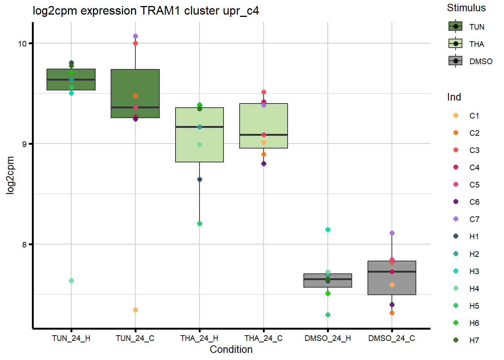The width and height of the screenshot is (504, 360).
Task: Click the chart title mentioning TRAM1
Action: point(145,11)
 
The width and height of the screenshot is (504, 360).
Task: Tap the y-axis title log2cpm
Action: point(10,175)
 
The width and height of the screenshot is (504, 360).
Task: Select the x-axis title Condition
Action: point(231,349)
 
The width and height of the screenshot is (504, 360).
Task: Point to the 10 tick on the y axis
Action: point(22,43)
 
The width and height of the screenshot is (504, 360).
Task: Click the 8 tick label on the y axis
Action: point(24,244)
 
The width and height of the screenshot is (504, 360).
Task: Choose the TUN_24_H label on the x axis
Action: point(71,338)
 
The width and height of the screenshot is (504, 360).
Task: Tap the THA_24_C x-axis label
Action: point(264,338)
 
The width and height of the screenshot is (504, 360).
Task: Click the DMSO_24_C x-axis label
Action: point(391,338)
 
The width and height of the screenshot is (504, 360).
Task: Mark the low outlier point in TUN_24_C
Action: point(135,310)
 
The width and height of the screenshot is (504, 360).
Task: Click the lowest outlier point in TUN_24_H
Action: point(71,280)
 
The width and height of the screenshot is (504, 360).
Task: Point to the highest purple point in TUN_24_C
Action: point(135,36)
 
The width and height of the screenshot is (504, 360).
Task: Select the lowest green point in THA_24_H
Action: point(199,223)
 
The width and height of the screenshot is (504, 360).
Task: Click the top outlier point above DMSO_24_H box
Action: point(328,229)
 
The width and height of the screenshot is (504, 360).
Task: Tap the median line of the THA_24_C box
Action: point(264,135)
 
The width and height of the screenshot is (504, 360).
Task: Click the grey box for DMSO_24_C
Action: point(392,285)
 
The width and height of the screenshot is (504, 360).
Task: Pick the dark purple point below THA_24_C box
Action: point(264,163)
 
